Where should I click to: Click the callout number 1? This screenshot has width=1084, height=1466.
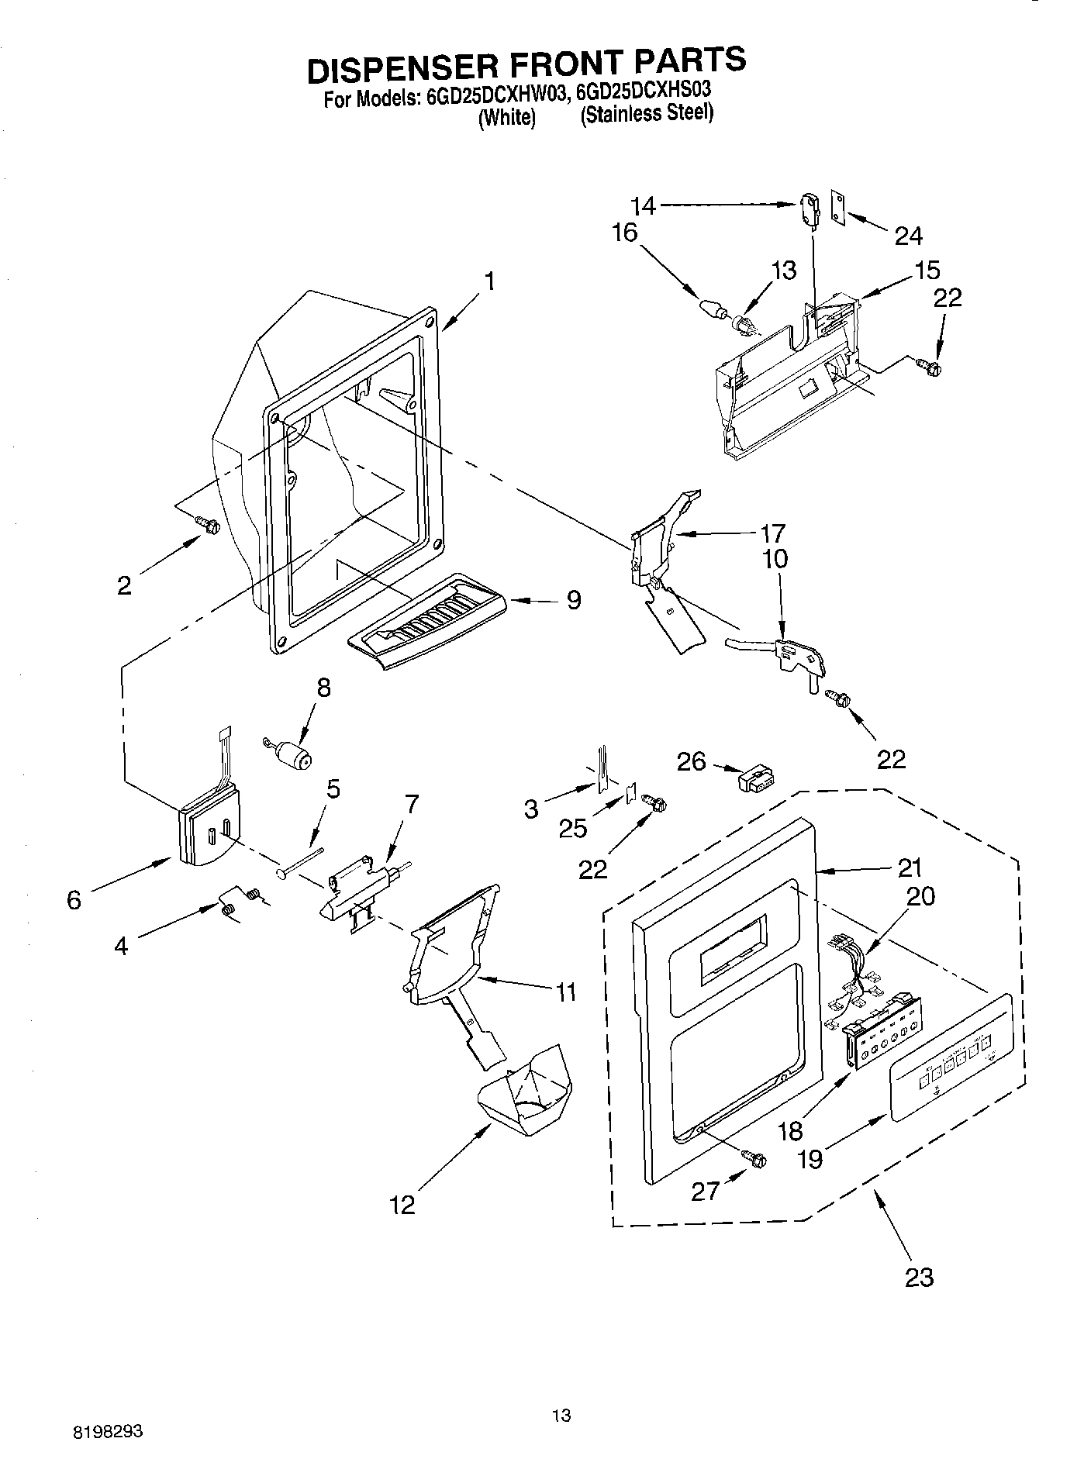point(489,281)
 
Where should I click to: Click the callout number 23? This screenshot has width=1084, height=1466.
point(919,1276)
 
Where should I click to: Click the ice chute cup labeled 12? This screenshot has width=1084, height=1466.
point(525,1085)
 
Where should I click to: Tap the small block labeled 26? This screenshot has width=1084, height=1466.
point(754,779)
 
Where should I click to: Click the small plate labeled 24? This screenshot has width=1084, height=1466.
point(838,207)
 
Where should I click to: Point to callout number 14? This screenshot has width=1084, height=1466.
point(643,206)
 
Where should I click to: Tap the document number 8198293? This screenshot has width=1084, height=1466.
point(109,1432)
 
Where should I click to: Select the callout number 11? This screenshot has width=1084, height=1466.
point(566,992)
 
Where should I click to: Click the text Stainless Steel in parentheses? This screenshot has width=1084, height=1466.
point(647,114)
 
